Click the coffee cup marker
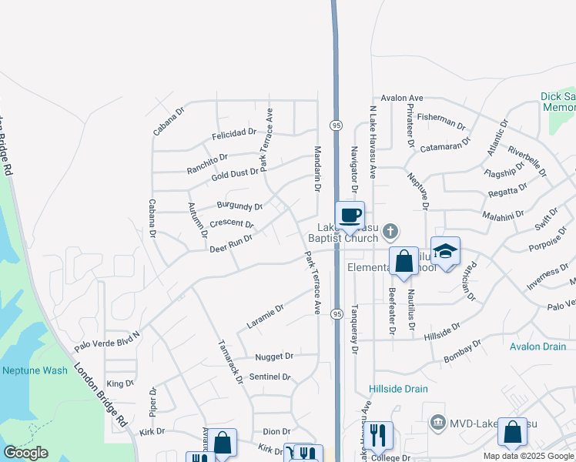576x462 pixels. click(x=350, y=215)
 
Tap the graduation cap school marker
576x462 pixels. click(x=445, y=252)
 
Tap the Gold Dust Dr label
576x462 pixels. click(x=235, y=174)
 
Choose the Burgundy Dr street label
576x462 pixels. click(x=239, y=206)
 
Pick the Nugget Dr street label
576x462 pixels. click(x=274, y=357)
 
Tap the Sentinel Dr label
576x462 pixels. click(x=270, y=377)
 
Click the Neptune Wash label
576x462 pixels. click(x=35, y=370)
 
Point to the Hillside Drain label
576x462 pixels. click(x=398, y=389)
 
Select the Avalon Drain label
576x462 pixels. click(x=537, y=346)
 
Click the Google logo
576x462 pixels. click(x=25, y=453)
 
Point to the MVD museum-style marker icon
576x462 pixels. click(x=438, y=422)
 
